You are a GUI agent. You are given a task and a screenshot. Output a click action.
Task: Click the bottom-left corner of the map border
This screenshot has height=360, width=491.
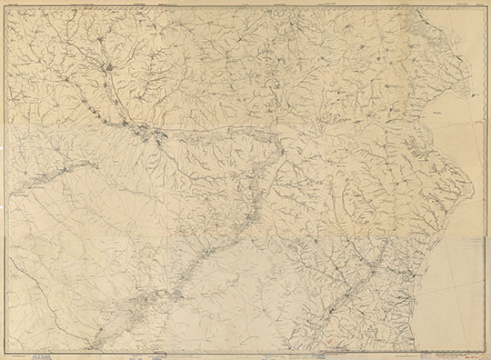click(x=6, y=349)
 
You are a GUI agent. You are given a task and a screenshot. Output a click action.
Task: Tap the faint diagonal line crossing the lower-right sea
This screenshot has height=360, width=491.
click(x=459, y=273)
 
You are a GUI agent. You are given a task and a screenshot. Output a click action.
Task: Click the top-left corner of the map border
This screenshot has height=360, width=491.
click(x=6, y=7)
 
